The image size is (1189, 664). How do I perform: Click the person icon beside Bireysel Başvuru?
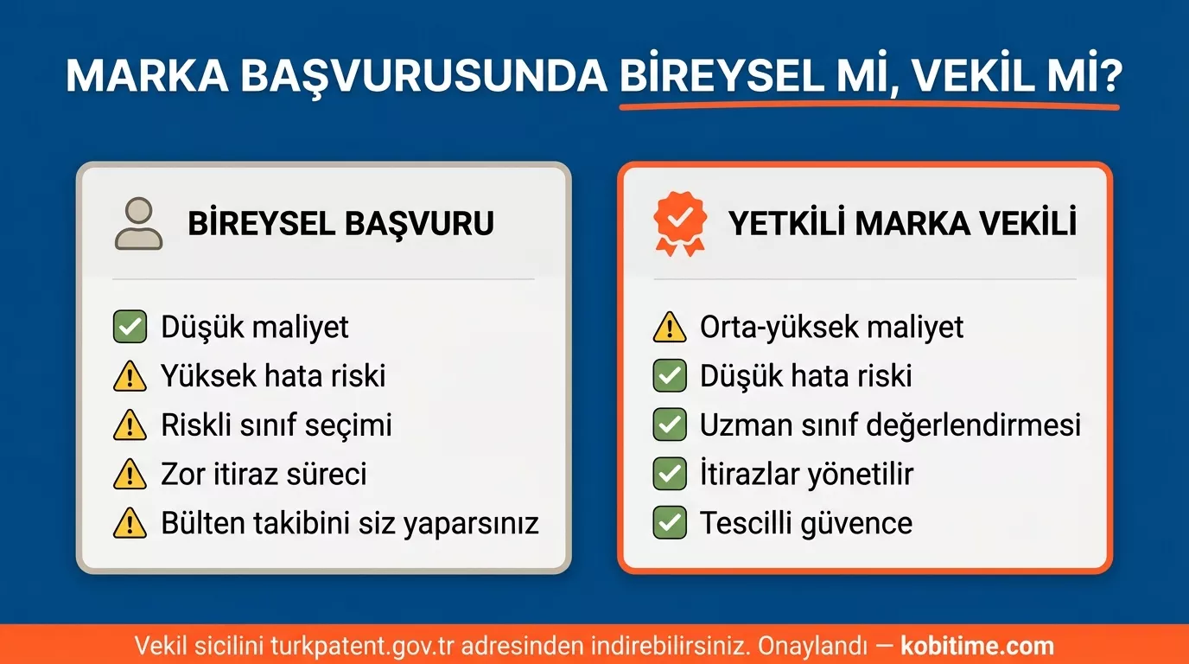tap(138, 223)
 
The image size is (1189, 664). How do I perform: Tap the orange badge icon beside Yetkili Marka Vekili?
tap(679, 223)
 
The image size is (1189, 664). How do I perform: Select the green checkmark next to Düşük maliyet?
tap(130, 328)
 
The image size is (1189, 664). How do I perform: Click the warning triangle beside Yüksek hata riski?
tap(130, 377)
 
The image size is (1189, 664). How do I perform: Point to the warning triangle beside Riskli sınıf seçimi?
tap(130, 425)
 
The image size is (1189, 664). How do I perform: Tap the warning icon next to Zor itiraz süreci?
tap(130, 475)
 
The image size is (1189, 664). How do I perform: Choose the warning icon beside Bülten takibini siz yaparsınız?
tap(130, 524)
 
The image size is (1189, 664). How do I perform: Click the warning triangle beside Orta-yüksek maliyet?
tap(669, 328)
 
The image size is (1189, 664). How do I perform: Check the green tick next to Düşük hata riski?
tap(669, 377)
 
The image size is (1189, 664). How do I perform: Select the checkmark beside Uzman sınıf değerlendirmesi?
tap(669, 425)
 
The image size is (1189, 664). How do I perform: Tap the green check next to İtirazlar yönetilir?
tap(669, 475)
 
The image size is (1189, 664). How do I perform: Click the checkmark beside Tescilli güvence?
tap(669, 524)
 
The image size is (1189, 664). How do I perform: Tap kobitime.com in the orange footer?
tap(977, 646)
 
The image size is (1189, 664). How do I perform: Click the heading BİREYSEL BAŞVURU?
tap(340, 224)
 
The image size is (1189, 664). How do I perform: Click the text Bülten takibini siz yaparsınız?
tap(349, 524)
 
